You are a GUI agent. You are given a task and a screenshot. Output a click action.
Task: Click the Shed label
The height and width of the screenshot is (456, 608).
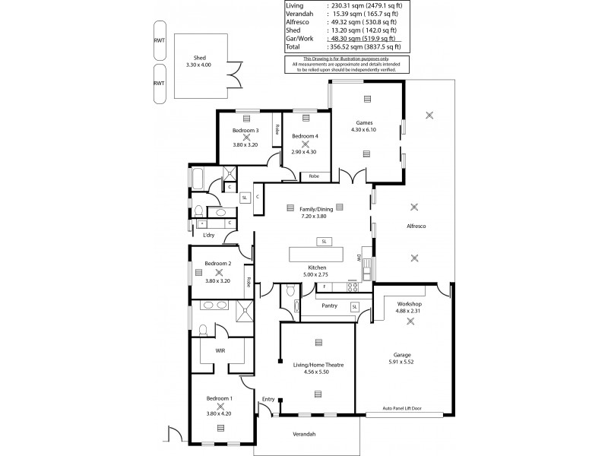(x=200, y=58)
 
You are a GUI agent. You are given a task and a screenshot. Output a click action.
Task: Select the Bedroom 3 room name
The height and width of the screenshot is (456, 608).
(x=246, y=130)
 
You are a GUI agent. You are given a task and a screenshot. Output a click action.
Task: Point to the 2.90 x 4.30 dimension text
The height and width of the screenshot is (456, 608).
(x=303, y=152)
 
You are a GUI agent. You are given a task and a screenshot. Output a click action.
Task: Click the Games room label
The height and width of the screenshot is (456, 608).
(x=366, y=122)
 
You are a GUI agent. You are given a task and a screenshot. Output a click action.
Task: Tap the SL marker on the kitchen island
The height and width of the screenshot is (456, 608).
(x=324, y=241)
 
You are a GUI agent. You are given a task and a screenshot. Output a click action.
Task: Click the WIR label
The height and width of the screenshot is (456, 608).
(x=220, y=351)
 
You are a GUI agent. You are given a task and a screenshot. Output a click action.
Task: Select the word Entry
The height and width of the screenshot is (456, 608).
(x=268, y=399)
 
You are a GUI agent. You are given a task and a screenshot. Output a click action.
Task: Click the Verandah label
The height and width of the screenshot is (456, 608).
(x=303, y=434)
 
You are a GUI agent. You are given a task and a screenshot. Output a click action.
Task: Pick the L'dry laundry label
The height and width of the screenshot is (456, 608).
(x=209, y=235)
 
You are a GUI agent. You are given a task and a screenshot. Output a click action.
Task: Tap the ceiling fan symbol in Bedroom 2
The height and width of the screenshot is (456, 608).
(x=219, y=271)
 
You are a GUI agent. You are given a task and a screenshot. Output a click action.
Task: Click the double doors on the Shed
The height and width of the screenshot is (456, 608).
(x=237, y=76)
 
